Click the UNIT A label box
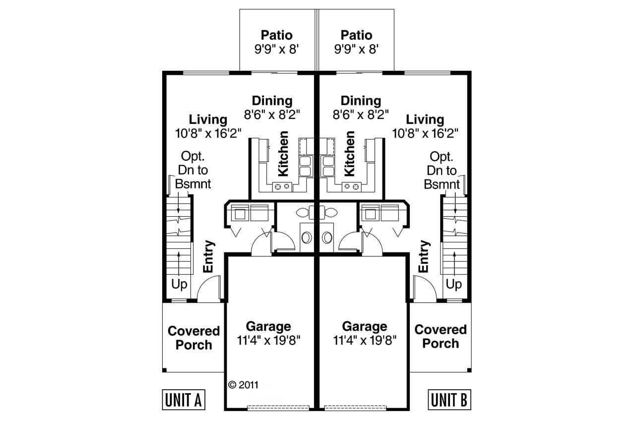(184, 400)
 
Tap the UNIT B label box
(449, 400)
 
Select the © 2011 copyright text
(244, 384)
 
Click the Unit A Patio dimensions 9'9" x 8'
(276, 50)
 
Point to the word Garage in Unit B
(365, 326)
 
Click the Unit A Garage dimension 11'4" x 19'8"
(268, 341)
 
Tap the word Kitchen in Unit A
(283, 154)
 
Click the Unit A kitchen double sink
(305, 166)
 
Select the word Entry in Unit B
(423, 256)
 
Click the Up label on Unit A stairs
(180, 285)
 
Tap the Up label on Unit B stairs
(453, 285)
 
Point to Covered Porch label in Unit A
(193, 337)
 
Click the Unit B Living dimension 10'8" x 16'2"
(425, 133)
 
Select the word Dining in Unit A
(272, 101)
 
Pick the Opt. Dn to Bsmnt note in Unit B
(442, 171)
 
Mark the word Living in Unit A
(208, 120)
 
